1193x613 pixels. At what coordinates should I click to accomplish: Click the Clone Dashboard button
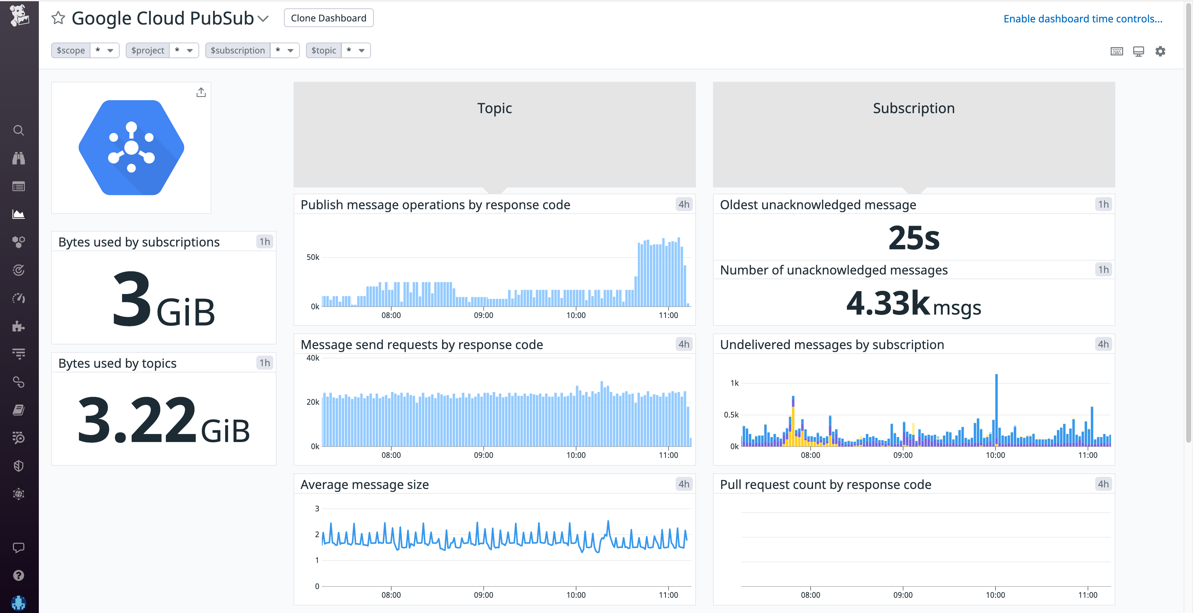coord(328,18)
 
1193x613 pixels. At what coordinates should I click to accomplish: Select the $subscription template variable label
coord(238,50)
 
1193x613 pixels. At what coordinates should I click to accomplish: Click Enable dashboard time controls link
coord(1082,19)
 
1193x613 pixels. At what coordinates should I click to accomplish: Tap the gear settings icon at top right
coord(1160,51)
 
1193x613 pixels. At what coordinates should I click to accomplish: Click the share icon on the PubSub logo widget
coord(200,93)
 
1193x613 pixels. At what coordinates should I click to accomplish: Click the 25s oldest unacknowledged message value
coord(913,238)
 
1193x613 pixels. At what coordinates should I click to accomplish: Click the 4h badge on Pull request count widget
coord(1103,484)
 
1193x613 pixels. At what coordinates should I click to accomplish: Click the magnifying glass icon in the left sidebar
coord(19,130)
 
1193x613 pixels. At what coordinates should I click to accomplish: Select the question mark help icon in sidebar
coord(19,575)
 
